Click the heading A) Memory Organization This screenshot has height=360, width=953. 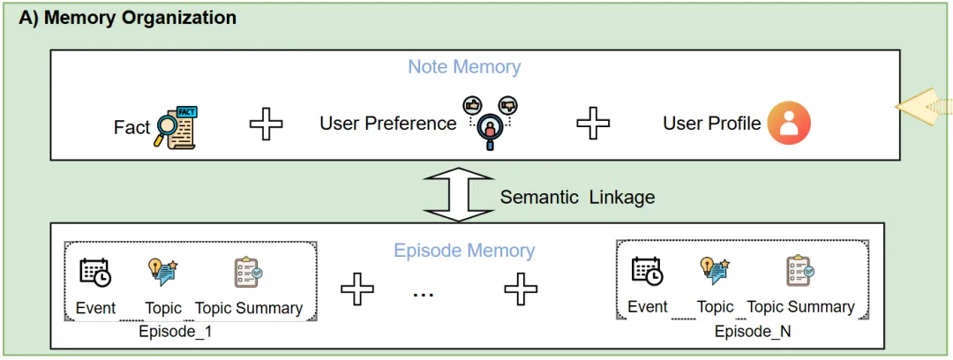point(128,17)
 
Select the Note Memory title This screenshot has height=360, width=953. point(464,67)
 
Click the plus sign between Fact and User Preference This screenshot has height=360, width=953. point(266,124)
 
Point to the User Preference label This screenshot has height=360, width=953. point(387,124)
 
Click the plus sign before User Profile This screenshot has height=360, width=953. point(594,124)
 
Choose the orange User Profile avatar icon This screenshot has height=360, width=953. point(788,123)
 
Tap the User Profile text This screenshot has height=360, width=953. point(711,124)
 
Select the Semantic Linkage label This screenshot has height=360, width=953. point(577,197)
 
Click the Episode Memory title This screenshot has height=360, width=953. point(464,251)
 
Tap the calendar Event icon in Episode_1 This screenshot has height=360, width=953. point(95,272)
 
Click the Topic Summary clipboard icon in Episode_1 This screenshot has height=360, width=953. point(248,272)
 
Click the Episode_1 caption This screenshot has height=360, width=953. point(175,333)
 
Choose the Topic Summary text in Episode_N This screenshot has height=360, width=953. point(800,307)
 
